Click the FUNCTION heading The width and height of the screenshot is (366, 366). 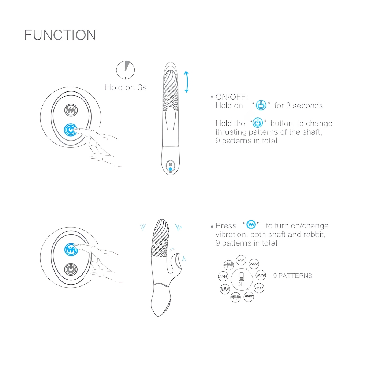coord(60,35)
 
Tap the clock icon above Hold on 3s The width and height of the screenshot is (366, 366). coord(125,70)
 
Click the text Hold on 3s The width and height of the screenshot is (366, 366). coord(126,87)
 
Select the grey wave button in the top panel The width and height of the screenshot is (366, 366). coord(71,110)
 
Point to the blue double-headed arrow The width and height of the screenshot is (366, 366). coord(186,82)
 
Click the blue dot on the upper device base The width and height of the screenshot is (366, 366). coord(171,169)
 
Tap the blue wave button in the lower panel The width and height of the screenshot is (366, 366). coord(71,250)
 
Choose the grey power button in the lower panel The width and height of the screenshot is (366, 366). coord(71,269)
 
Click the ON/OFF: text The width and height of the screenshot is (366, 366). coord(232,97)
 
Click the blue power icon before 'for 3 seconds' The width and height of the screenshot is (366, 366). coord(261,105)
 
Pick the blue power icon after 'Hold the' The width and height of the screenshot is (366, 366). coord(258,123)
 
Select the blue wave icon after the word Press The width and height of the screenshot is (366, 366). coord(251,224)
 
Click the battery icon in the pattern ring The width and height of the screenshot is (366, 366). coord(241,277)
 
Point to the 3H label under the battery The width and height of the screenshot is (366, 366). coord(241,284)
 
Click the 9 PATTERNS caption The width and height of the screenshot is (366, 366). coord(293,276)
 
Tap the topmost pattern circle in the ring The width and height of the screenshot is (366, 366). coord(241,260)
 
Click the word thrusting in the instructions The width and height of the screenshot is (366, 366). coord(231,132)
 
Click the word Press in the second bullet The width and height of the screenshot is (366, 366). coord(226,226)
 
